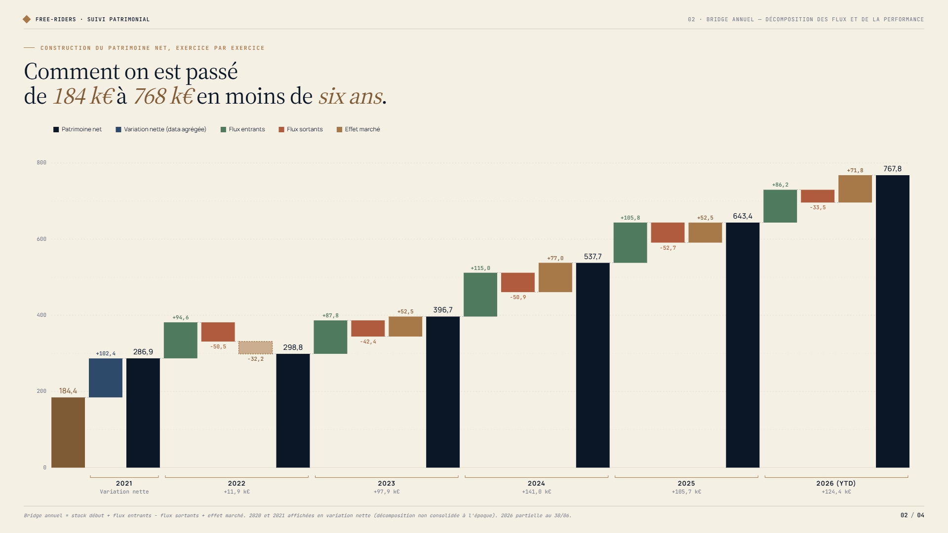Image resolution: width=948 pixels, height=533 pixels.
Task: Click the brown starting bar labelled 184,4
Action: click(68, 432)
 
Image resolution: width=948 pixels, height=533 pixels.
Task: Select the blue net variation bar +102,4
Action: click(106, 378)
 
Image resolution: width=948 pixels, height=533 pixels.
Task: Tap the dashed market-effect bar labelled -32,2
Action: click(255, 347)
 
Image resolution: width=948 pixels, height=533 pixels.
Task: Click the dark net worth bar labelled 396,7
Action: click(443, 392)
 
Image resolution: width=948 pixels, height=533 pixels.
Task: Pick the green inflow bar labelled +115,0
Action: click(480, 295)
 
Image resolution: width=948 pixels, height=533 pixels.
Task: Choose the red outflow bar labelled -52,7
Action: click(668, 232)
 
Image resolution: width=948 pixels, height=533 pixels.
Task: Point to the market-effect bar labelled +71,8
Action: click(855, 189)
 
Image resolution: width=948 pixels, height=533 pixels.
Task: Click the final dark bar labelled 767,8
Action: click(893, 321)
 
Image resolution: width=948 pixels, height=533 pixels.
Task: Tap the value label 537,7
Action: click(592, 257)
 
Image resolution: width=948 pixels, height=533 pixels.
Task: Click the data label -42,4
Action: click(368, 342)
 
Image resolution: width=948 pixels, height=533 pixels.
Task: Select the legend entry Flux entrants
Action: click(242, 129)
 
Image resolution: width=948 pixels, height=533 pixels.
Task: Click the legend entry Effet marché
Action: click(358, 129)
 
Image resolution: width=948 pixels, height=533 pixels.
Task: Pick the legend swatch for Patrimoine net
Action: click(56, 129)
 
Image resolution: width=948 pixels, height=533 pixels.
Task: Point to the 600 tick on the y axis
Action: click(41, 239)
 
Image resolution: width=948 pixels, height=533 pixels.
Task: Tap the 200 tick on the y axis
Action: click(41, 391)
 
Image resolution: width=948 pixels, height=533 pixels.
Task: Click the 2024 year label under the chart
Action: click(536, 483)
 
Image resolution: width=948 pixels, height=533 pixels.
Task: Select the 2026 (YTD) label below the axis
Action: click(836, 483)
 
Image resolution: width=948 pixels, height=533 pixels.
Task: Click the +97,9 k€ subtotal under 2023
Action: click(387, 492)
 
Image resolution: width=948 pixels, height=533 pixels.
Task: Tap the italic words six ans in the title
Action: click(351, 96)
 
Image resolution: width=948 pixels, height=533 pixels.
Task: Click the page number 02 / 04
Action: click(912, 515)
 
